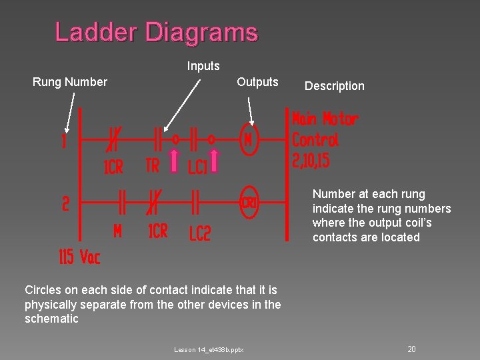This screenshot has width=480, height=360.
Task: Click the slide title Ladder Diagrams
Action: [156, 32]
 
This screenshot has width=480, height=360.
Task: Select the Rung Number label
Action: [70, 82]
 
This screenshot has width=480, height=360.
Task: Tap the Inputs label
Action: [203, 66]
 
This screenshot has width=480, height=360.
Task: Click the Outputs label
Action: [257, 82]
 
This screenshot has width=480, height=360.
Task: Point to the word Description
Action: [335, 86]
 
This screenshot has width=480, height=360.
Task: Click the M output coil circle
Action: [249, 141]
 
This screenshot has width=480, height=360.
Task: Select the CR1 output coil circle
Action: [249, 201]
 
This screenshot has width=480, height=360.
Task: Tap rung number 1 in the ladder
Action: [65, 142]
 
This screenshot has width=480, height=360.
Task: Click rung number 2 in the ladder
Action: [65, 203]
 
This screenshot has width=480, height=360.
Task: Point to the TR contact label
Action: [153, 165]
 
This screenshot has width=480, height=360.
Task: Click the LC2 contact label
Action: [199, 233]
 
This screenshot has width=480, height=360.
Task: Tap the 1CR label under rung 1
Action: [113, 167]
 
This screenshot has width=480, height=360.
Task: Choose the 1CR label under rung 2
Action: [158, 231]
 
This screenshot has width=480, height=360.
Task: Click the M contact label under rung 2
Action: [117, 231]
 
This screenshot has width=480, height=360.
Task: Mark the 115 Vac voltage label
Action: [79, 257]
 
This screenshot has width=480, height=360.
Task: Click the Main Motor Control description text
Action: [324, 139]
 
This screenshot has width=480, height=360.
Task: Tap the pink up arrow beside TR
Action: [174, 162]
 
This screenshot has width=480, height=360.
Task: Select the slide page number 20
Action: [412, 349]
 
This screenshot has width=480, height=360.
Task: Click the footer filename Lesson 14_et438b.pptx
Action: [209, 349]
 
